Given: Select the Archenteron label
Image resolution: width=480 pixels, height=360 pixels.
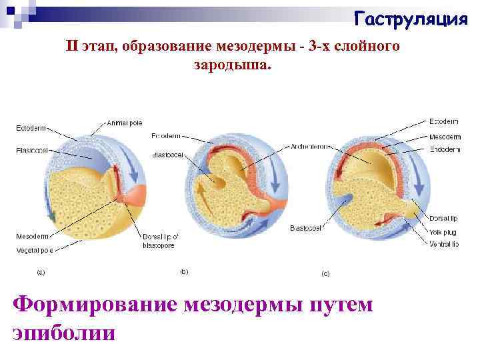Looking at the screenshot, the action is tap(309, 146).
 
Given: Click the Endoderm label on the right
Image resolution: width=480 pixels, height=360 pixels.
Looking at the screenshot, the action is tap(445, 149).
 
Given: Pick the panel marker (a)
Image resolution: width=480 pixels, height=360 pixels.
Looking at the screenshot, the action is tap(41, 271).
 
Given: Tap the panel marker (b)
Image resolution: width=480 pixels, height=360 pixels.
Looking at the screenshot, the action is tap(184, 271).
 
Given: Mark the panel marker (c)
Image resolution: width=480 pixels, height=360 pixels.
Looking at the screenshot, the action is tap(326, 273).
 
